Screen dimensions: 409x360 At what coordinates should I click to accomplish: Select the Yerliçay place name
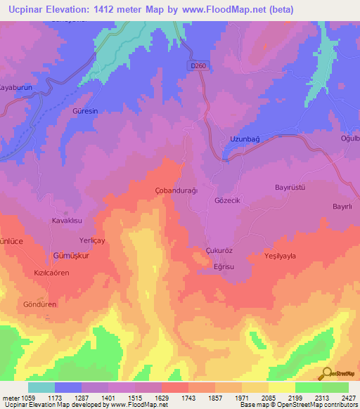[x=92, y=240]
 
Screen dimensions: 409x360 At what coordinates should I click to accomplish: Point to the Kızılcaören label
[x=49, y=271]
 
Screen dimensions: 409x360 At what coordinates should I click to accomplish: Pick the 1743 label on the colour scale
[x=188, y=398]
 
